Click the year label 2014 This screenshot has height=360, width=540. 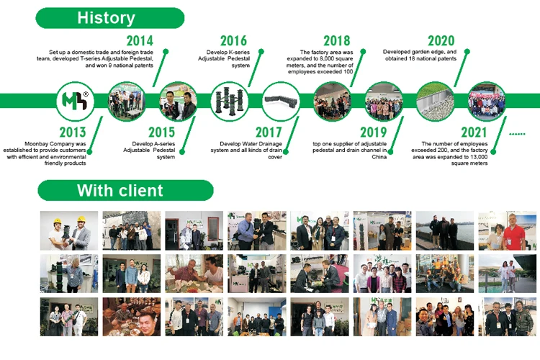(140, 41)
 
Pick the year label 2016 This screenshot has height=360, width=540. (233, 41)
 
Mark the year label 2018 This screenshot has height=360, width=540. (337, 41)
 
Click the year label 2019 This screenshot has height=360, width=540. (374, 132)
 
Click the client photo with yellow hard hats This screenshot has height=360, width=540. (68, 230)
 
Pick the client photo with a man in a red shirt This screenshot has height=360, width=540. (507, 230)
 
